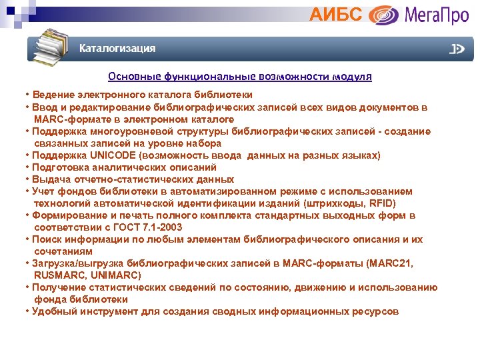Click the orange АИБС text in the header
tap(337, 14)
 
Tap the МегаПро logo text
tap(437, 14)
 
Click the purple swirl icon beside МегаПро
tap(384, 15)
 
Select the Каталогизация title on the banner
tap(117, 48)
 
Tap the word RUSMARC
tap(59, 275)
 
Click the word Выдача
tap(51, 179)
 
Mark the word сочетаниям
tap(63, 251)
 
